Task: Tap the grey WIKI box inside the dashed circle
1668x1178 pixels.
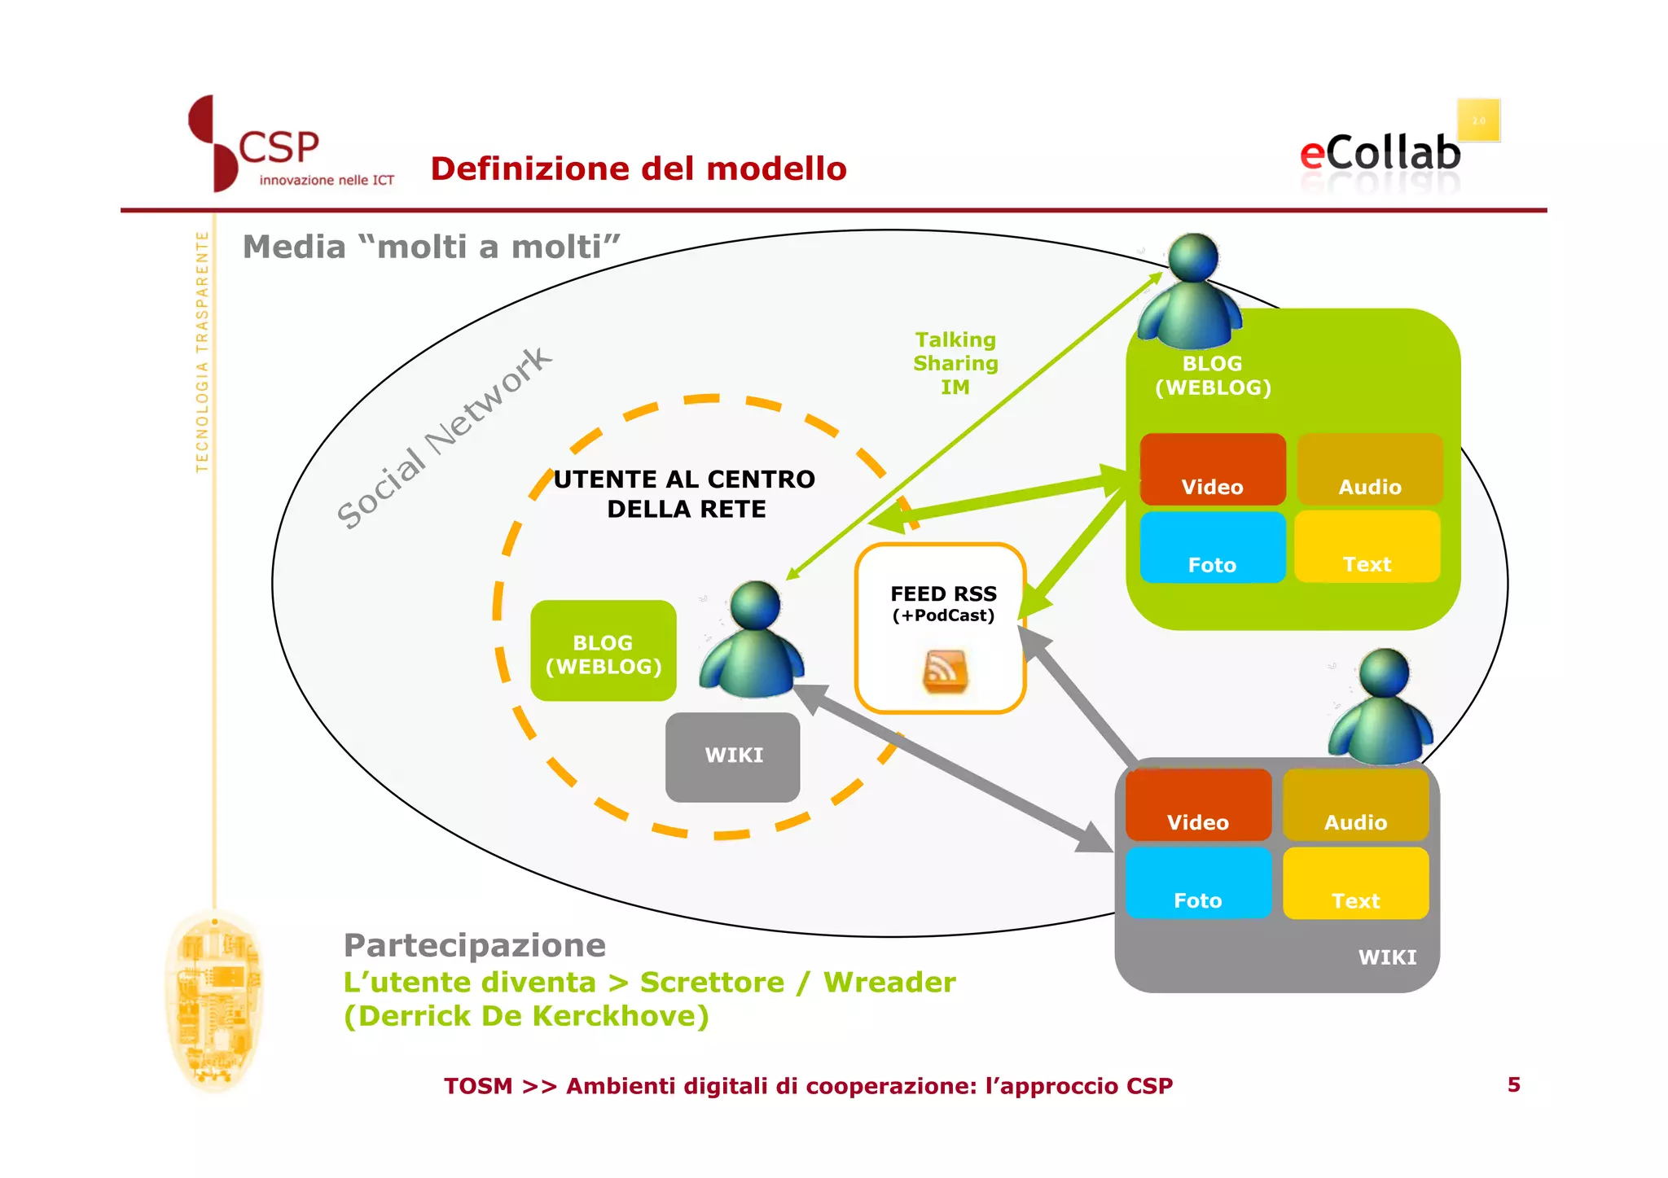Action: (x=733, y=756)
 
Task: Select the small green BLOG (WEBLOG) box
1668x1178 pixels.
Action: (x=604, y=651)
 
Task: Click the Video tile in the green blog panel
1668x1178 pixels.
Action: (x=1212, y=470)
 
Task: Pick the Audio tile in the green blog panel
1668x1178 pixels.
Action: (x=1369, y=470)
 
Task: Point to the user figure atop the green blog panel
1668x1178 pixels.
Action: (x=1191, y=293)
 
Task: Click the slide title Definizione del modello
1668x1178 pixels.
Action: (x=639, y=169)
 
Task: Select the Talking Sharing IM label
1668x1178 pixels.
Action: (x=955, y=363)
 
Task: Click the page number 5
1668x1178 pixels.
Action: (x=1513, y=1084)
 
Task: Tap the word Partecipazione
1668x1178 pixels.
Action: (x=474, y=945)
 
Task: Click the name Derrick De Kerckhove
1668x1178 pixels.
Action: (x=526, y=1016)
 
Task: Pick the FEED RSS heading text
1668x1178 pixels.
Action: (x=943, y=593)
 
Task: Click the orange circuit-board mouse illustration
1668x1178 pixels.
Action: (x=213, y=1001)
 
